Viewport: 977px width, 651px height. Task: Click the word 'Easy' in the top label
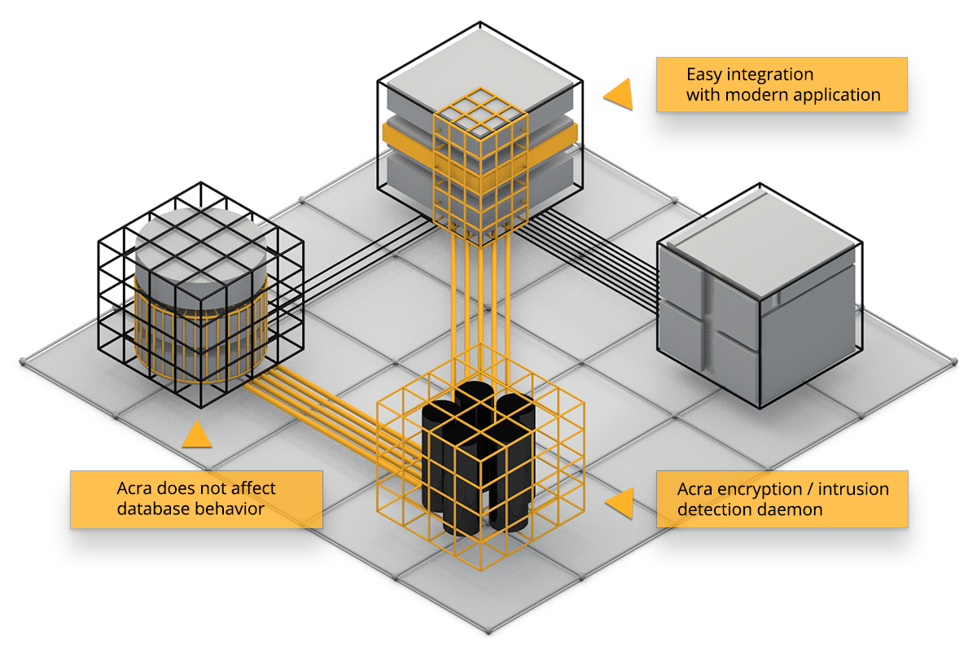[704, 75]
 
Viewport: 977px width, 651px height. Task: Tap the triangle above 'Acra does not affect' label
[196, 435]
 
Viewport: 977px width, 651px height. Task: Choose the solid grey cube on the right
[757, 309]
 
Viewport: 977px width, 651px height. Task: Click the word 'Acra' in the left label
[136, 489]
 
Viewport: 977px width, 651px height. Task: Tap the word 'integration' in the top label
[765, 75]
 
